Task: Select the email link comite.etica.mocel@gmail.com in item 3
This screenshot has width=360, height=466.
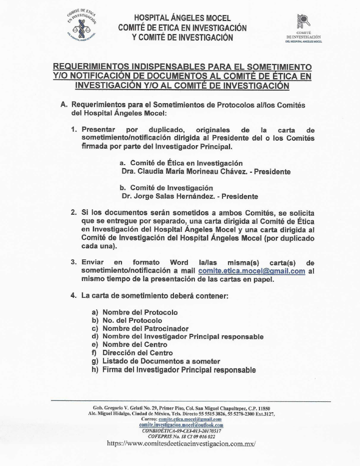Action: [x=251, y=271]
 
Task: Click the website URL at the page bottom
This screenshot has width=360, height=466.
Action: [x=181, y=443]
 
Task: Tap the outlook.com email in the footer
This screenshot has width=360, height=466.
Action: [x=181, y=424]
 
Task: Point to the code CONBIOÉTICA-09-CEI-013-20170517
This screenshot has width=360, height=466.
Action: [x=181, y=430]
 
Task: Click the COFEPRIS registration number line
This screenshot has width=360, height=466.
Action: [x=181, y=436]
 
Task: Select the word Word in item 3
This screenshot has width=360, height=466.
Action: [x=179, y=262]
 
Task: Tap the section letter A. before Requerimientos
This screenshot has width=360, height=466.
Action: [x=63, y=105]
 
